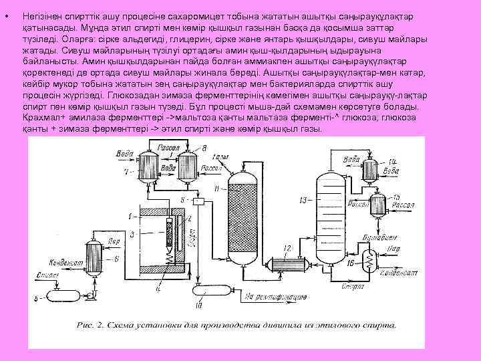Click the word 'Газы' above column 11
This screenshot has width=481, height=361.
pos(220,158)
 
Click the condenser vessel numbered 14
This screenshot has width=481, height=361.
pos(372,172)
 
